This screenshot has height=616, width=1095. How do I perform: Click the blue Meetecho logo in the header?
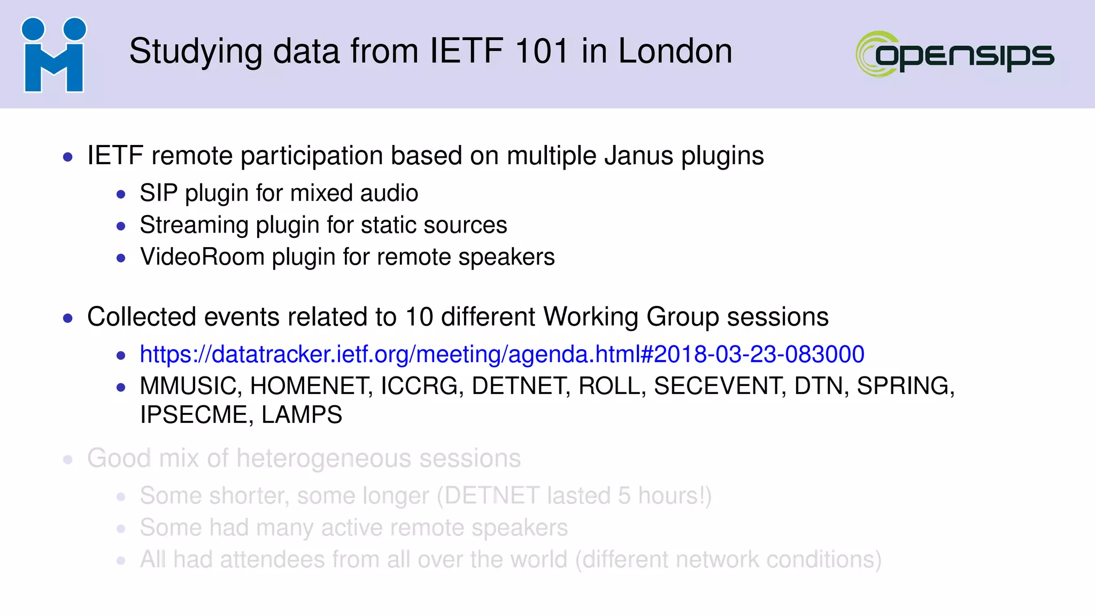click(x=53, y=55)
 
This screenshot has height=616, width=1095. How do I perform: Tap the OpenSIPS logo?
click(x=955, y=54)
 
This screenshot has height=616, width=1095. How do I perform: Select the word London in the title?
click(x=675, y=51)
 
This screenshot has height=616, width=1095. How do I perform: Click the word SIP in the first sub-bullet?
click(x=158, y=193)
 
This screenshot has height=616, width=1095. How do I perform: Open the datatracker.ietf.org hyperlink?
click(x=502, y=354)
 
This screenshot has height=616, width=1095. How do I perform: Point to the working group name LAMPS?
click(x=302, y=415)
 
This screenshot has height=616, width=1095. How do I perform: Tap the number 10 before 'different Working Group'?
click(x=419, y=317)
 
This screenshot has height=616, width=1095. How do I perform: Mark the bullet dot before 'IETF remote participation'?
click(x=68, y=157)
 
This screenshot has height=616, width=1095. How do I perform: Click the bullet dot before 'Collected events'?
click(x=68, y=319)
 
